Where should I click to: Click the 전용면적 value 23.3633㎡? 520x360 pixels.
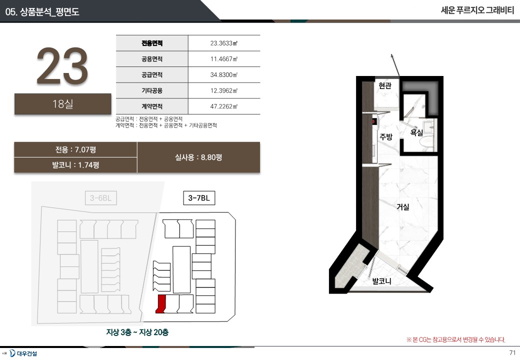(224, 43)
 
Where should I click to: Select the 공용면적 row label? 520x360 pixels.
(152, 59)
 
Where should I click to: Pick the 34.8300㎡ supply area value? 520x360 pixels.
(224, 74)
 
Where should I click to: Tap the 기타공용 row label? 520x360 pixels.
(152, 90)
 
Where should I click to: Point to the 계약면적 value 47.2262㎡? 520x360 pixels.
(224, 106)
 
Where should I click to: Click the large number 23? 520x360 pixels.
(62, 65)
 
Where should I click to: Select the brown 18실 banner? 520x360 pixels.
(62, 104)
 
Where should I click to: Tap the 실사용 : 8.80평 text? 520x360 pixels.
(198, 157)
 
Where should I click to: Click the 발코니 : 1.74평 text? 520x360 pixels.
(75, 165)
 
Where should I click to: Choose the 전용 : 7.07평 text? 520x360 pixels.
(75, 149)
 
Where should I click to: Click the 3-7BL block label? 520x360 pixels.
(199, 198)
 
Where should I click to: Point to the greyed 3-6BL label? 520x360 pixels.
(101, 198)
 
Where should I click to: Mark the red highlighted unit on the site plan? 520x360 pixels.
(160, 304)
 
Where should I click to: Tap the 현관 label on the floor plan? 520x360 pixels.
(385, 85)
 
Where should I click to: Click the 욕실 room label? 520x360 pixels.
(416, 132)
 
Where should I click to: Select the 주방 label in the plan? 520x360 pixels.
(386, 136)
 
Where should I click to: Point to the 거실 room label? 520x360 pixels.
(403, 207)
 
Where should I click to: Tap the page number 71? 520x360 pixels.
(512, 352)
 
